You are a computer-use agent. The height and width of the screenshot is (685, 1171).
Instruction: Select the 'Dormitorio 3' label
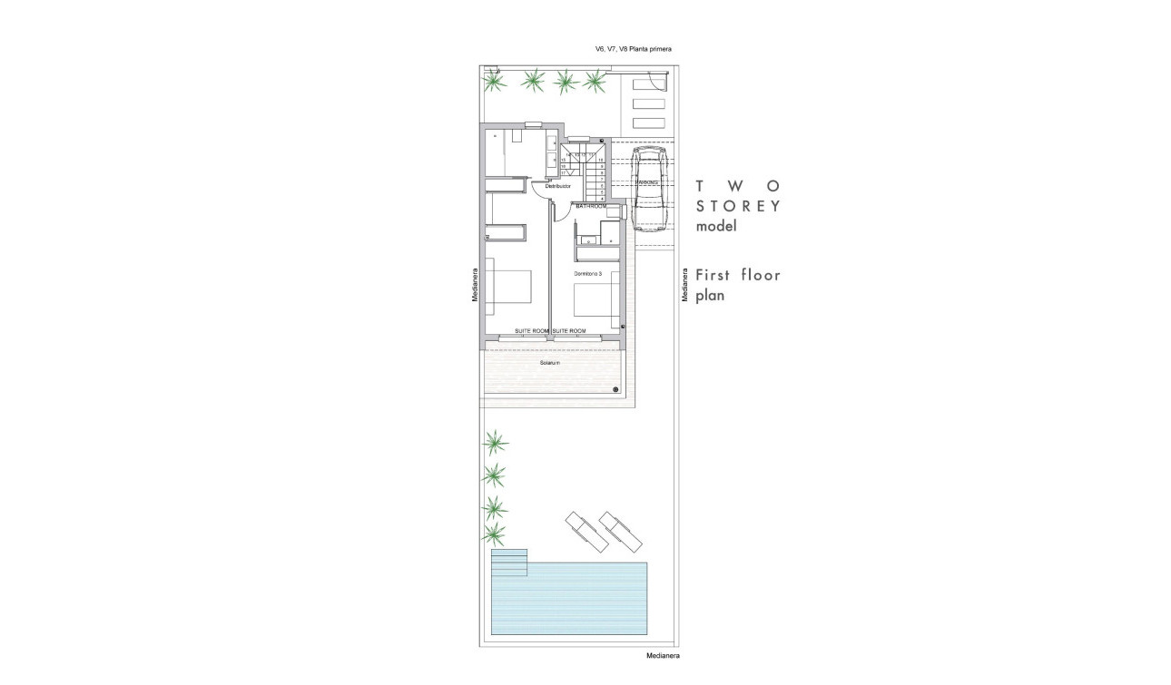(587, 273)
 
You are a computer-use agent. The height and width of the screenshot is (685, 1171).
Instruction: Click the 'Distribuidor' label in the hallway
(557, 186)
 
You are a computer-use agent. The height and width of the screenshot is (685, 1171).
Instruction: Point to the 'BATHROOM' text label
(591, 207)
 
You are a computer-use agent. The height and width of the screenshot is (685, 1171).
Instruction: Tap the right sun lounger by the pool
(620, 531)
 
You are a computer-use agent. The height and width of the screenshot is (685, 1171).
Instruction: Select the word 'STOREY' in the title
(738, 205)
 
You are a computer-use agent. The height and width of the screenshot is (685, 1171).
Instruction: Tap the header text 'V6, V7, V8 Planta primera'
(633, 49)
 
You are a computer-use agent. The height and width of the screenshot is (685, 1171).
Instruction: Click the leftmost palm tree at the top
(495, 83)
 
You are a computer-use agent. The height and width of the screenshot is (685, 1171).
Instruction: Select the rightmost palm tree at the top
(595, 83)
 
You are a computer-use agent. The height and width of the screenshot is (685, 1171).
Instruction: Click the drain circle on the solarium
(615, 390)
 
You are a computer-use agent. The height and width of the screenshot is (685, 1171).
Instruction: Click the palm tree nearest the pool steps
(495, 533)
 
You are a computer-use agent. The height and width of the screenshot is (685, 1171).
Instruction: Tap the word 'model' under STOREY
(716, 227)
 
